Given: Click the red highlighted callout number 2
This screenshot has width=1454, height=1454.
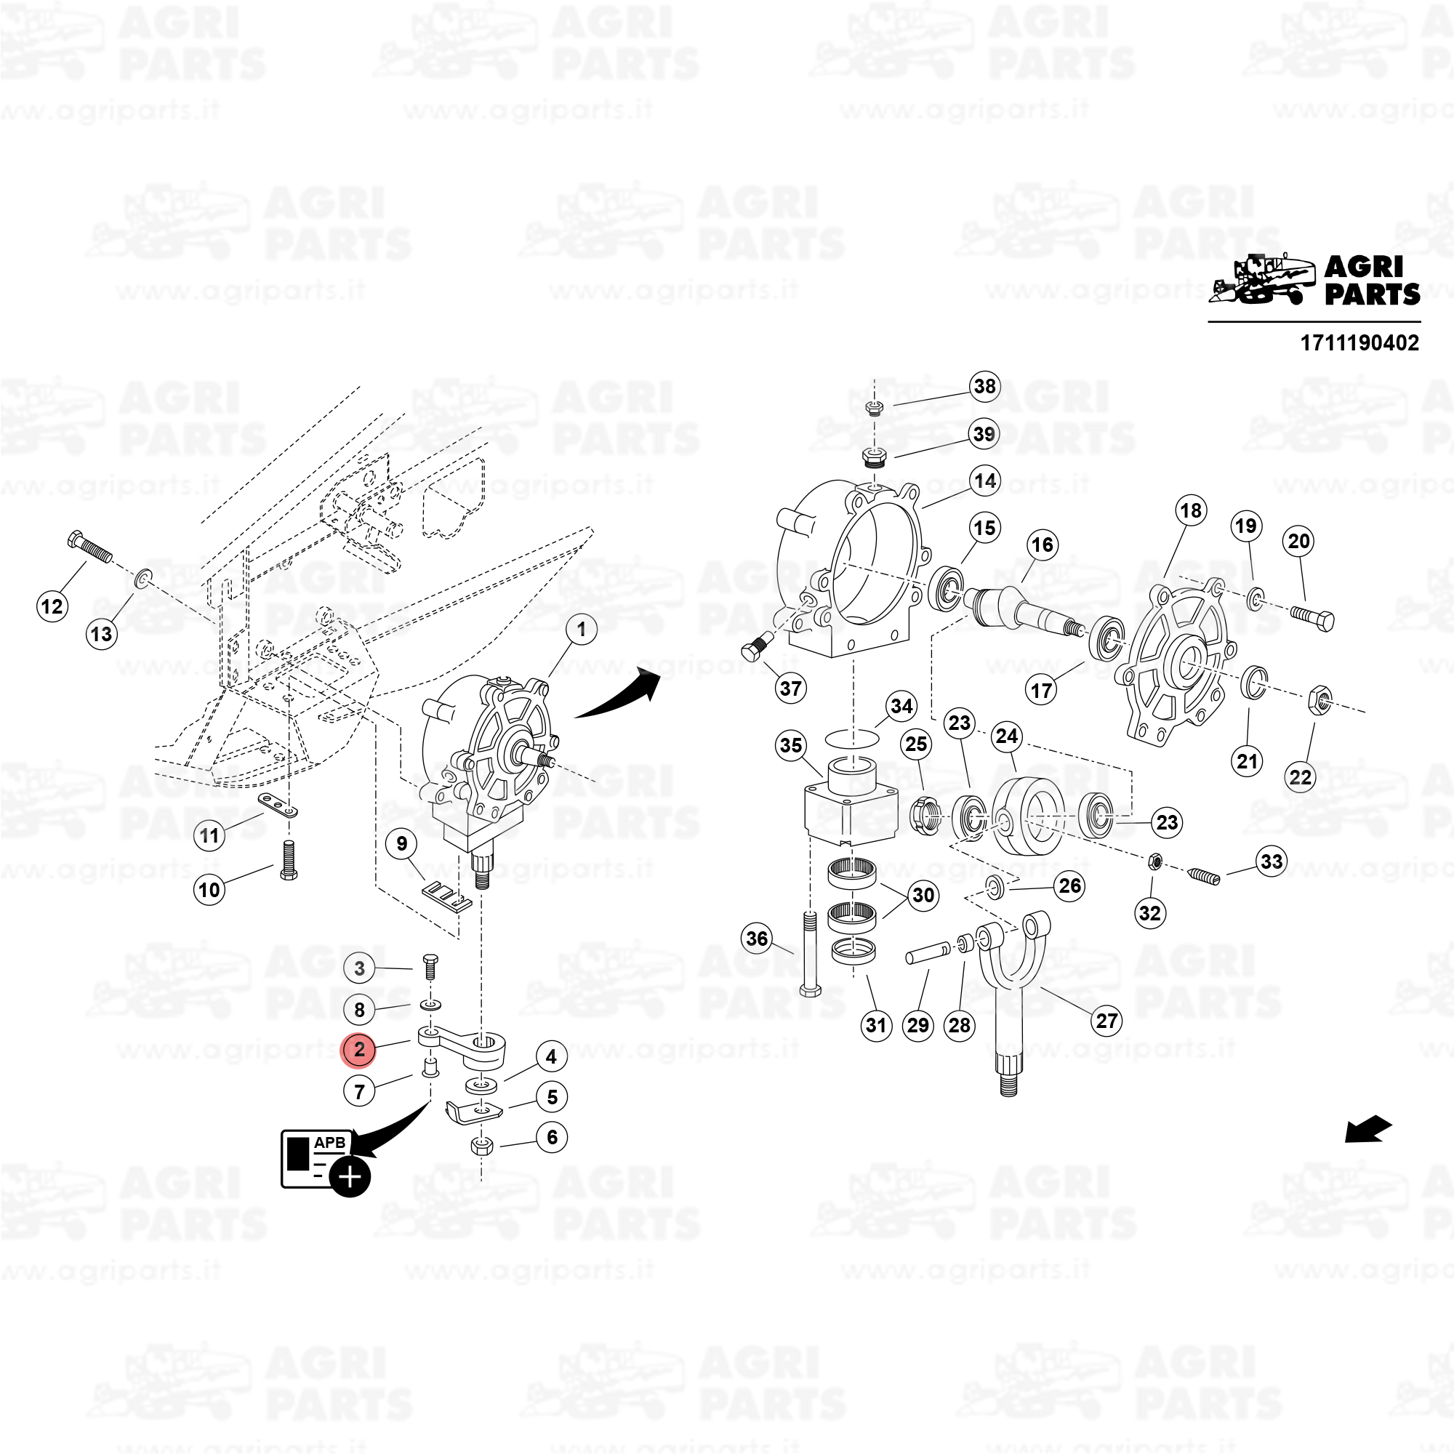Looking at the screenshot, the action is tap(359, 1049).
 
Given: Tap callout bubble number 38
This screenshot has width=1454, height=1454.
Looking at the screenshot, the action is tap(984, 386).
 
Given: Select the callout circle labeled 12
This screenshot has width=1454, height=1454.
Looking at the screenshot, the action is tap(52, 606).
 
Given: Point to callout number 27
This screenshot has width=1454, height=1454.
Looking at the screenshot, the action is tap(1106, 1021).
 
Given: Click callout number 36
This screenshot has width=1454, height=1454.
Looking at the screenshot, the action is tap(757, 939).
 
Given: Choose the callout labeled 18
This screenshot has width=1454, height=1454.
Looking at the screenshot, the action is tap(1191, 511).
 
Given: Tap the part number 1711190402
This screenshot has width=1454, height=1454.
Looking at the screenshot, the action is tap(1359, 343).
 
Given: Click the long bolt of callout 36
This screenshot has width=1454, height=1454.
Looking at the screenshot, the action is tap(810, 954).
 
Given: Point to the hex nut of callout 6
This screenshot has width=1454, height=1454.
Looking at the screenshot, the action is tap(482, 1146).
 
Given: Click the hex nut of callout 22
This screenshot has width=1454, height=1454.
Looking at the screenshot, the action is tap(1320, 699).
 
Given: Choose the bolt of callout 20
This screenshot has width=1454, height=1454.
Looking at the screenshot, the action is tap(1312, 617).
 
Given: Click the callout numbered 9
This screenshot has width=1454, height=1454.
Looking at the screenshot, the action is tap(402, 843).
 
